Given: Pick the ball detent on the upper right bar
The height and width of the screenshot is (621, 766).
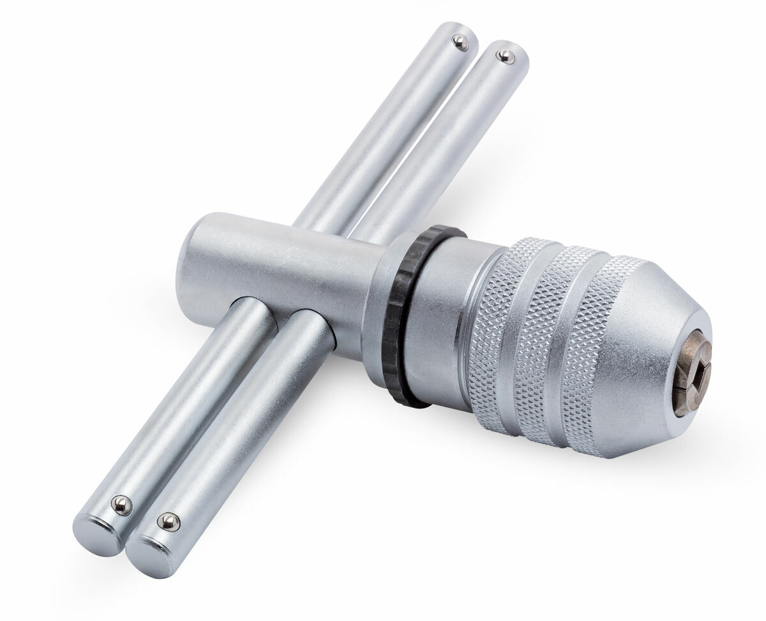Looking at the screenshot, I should click(x=506, y=56).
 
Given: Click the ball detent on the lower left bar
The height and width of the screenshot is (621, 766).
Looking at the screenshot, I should click(x=120, y=505).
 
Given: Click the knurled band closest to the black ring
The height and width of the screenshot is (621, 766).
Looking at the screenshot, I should click(x=495, y=338).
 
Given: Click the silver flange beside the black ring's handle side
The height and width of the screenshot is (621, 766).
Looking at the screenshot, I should click(x=377, y=300).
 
